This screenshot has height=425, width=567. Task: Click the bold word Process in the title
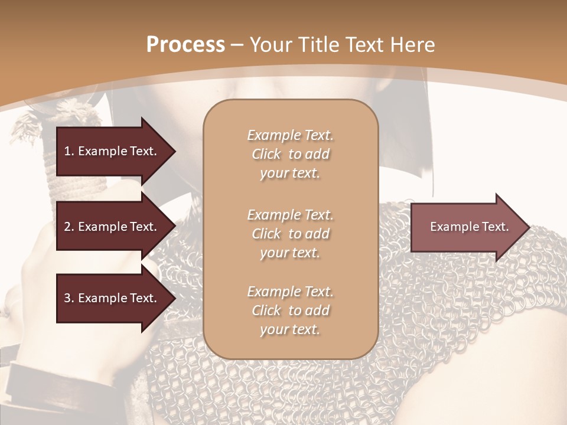click(185, 44)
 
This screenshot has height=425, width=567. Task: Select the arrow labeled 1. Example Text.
click(110, 151)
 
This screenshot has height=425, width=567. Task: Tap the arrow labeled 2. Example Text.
click(110, 227)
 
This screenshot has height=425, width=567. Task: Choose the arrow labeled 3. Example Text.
click(110, 298)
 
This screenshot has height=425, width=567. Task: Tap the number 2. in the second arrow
click(69, 227)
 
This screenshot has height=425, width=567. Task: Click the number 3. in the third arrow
click(69, 298)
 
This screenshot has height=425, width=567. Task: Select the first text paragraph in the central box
click(290, 154)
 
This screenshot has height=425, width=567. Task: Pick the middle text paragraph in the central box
click(290, 234)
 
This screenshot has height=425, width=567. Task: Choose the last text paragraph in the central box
click(290, 310)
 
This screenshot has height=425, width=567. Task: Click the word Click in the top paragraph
click(266, 154)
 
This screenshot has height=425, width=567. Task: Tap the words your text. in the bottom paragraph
click(290, 329)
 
